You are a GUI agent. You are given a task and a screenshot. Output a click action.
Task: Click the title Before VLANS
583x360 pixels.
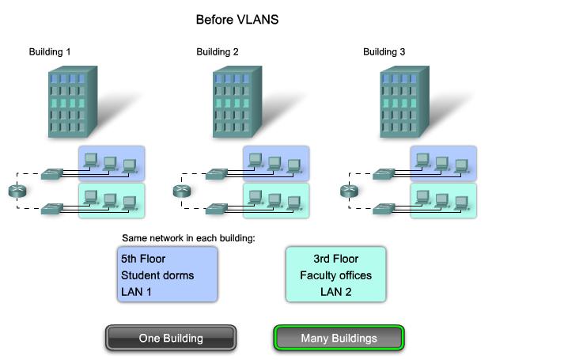[237, 19]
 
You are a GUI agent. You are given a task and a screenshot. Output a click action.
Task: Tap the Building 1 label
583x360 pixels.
[50, 52]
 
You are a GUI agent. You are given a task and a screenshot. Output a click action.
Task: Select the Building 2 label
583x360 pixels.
[218, 52]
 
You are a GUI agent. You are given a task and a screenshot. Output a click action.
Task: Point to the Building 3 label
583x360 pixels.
[384, 52]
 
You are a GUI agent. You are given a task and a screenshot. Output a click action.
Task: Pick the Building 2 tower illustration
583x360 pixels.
[238, 102]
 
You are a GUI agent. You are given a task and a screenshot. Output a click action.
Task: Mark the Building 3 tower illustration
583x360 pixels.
[405, 102]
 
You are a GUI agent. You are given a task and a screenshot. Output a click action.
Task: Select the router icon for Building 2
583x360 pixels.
[181, 191]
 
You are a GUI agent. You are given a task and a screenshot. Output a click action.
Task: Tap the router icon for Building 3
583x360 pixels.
[348, 191]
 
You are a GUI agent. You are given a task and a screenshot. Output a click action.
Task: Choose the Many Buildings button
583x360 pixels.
[339, 338]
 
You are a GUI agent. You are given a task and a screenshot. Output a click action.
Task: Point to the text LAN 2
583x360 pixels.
[335, 292]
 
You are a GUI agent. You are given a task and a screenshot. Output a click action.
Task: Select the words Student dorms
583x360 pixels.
[157, 275]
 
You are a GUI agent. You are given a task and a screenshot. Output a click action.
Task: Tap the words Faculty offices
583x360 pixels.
[335, 275]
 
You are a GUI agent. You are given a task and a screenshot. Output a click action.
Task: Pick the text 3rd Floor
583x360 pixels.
[335, 259]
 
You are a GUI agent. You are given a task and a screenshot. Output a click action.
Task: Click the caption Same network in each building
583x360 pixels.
[188, 238]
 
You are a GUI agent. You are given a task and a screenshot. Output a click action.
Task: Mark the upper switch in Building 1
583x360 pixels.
[53, 172]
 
